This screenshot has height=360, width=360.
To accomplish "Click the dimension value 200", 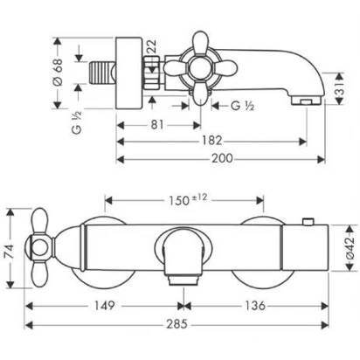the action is pyautogui.click(x=222, y=158).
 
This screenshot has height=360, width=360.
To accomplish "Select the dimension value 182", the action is pyautogui.click(x=211, y=141).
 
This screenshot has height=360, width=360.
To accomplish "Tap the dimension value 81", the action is pyautogui.click(x=157, y=125).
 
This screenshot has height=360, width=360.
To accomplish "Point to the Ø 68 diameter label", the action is pyautogui.click(x=58, y=73).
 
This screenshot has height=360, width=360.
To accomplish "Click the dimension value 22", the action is pyautogui.click(x=151, y=46).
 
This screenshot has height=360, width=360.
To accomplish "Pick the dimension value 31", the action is pyautogui.click(x=339, y=88).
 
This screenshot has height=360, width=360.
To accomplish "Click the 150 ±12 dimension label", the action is pyautogui.click(x=188, y=200).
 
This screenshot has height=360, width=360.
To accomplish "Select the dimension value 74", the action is pyautogui.click(x=10, y=252).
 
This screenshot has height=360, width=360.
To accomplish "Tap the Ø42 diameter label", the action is pyautogui.click(x=350, y=247).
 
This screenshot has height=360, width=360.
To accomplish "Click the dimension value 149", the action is pyautogui.click(x=105, y=306).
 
